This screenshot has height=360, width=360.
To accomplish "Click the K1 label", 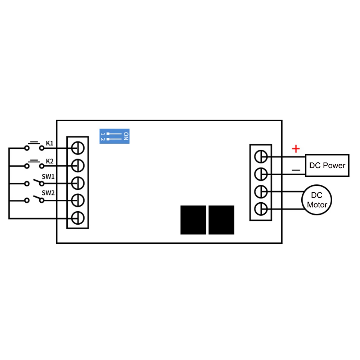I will click(50, 143).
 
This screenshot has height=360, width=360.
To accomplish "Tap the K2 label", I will click(50, 161).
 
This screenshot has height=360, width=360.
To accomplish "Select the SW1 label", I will click(48, 177).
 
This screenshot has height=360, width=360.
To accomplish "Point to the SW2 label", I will click(48, 193).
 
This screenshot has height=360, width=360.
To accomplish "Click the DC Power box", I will click(327, 166).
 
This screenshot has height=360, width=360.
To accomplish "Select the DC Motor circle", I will click(317, 201).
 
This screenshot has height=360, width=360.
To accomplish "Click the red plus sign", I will click(296, 148).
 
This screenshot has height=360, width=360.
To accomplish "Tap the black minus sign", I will click(296, 170).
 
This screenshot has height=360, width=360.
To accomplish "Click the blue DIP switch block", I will click(114, 136).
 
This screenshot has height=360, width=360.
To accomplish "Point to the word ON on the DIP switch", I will click(126, 136).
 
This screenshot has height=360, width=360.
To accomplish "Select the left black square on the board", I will click(193, 220).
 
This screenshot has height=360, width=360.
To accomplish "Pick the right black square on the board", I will click(221, 220).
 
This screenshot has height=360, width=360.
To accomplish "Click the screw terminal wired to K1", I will click(78, 148).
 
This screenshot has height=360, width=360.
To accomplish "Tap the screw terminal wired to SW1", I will click(78, 183).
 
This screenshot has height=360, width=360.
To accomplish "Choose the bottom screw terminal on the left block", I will click(78, 218).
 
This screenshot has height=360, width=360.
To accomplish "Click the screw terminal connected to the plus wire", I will click(261, 157).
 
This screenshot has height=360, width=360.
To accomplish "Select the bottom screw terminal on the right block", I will click(261, 208).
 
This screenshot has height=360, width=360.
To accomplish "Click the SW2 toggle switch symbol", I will click(35, 199).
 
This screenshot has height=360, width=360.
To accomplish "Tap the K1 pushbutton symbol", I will click(35, 146).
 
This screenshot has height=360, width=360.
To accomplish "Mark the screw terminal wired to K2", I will click(78, 166).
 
